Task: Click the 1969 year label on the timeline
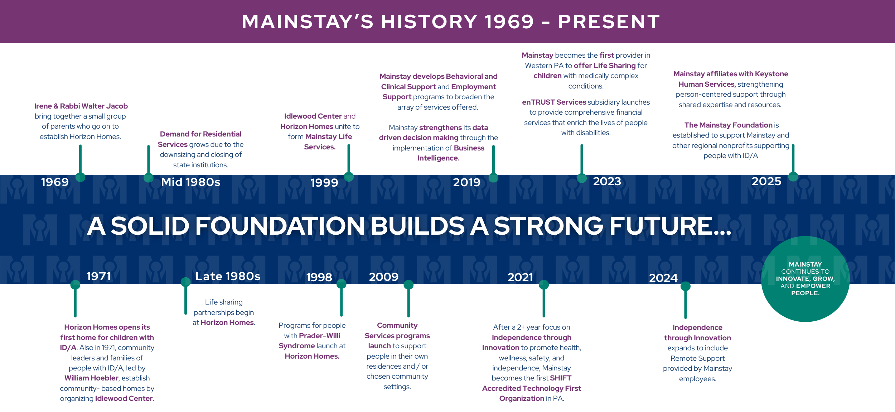[55, 182]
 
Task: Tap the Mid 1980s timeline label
[191, 182]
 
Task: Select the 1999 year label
[324, 183]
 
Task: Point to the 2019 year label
[467, 182]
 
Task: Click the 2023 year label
[607, 181]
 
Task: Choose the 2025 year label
[766, 181]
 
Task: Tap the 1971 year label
[99, 276]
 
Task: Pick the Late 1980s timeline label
[228, 276]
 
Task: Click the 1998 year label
[319, 277]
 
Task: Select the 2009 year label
[384, 277]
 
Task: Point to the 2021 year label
[521, 277]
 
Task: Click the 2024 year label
[663, 278]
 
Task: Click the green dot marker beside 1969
[81, 177]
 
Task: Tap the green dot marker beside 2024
[686, 286]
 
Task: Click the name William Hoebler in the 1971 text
[91, 378]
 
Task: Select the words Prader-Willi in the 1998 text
[320, 336]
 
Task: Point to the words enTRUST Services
[554, 102]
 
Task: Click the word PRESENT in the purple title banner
[609, 21]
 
